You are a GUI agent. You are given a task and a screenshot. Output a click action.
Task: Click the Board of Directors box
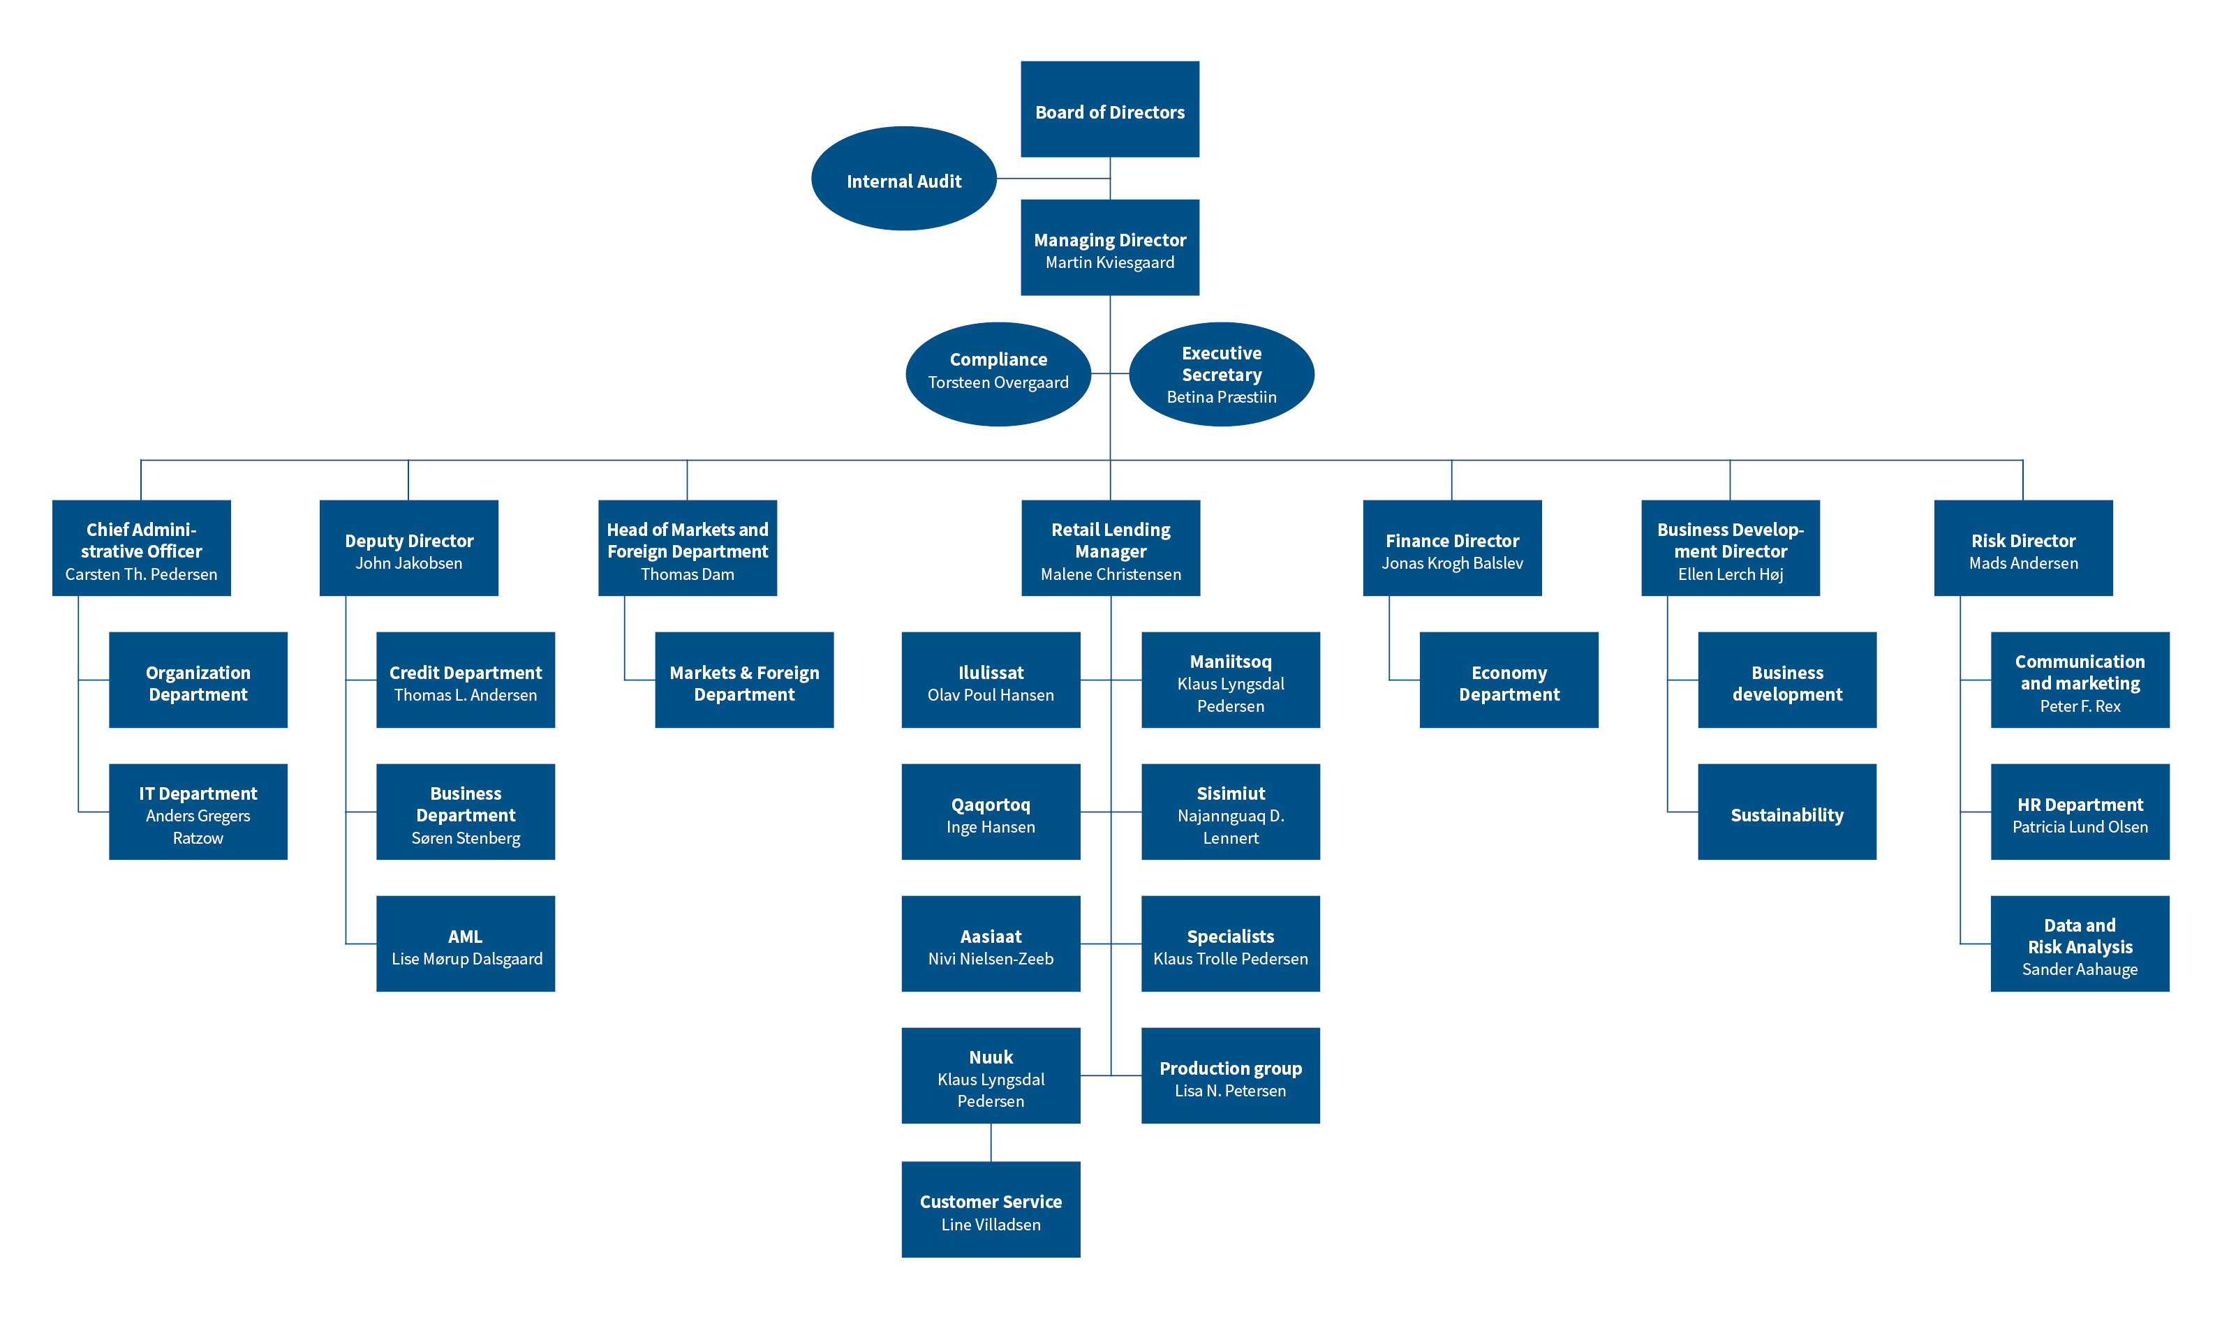1109,110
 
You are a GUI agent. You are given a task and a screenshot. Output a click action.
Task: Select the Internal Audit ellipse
903,179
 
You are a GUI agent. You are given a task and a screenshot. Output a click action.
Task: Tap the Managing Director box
1109,247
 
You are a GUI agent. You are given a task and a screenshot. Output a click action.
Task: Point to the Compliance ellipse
998,374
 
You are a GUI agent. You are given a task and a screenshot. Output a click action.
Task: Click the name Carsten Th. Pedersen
141,574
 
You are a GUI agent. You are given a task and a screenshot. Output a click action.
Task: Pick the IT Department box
198,812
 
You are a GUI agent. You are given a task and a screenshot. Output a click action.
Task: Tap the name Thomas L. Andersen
466,695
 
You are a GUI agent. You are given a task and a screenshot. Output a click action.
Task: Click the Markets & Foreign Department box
744,680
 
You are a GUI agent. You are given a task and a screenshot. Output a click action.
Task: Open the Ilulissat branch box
991,680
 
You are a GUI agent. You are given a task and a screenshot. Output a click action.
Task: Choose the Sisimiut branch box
1231,812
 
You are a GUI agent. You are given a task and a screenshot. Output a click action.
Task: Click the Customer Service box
991,1209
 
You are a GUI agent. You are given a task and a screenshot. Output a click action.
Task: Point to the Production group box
1231,1075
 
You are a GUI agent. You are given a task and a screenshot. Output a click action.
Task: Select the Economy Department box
1509,680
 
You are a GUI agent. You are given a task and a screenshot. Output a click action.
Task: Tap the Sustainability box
1787,812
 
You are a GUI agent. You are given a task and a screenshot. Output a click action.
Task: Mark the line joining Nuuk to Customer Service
991,1142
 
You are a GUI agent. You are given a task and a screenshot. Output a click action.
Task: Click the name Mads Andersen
2024,562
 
